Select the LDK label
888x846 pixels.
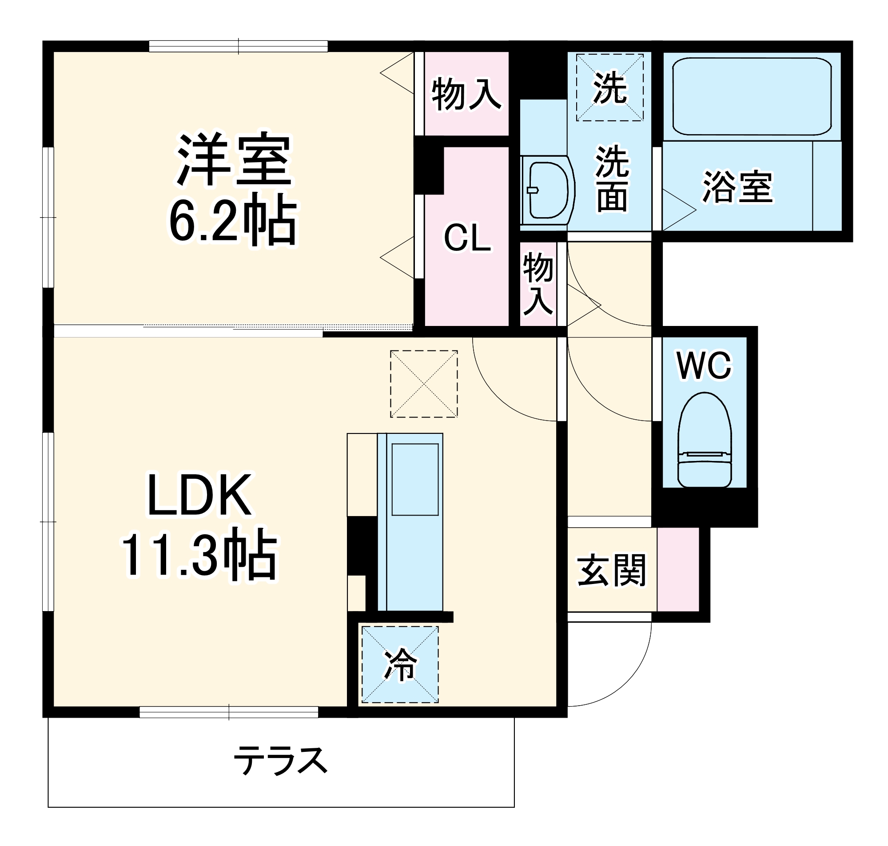coord(200,495)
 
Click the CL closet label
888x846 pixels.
coord(467,238)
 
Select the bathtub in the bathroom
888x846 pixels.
coord(751,96)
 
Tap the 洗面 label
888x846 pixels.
coord(612,179)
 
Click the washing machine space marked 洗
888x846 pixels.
coord(610,87)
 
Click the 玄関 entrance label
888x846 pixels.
coord(612,571)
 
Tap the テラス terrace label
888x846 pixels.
coord(280,760)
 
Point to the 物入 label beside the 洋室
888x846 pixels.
coord(466,94)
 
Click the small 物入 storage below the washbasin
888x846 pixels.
coord(538,284)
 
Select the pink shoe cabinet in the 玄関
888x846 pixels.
coord(678,569)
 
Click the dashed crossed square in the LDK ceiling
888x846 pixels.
coord(423,384)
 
